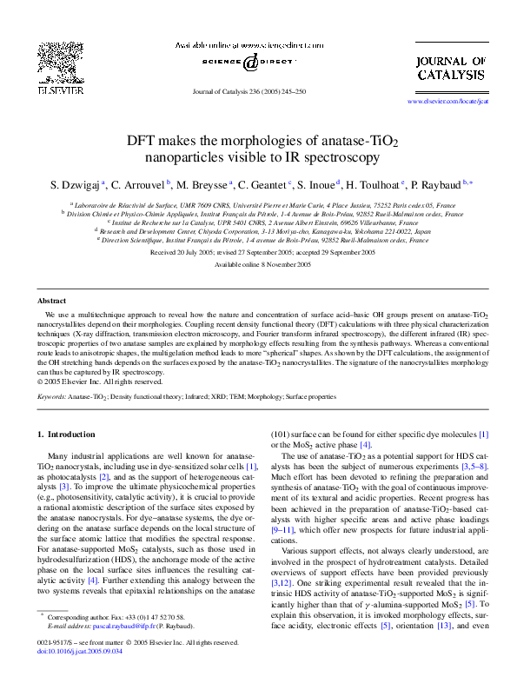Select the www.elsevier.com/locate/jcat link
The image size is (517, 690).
pos(447,102)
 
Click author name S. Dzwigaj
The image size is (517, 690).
pos(75,184)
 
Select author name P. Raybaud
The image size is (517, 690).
pos(438,184)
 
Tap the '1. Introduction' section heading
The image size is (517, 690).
pos(70,433)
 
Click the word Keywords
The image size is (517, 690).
pos(51,396)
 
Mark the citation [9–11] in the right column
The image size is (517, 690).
pos(287,529)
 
